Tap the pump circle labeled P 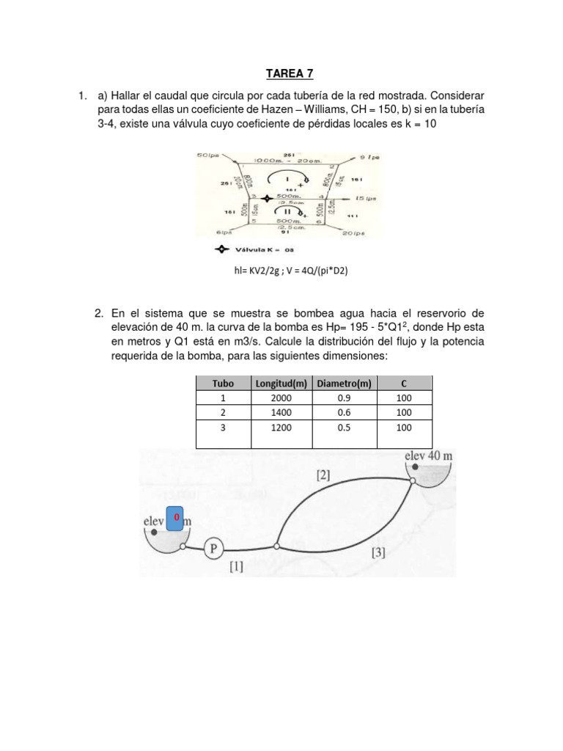point(213,548)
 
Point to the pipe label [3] point(378,552)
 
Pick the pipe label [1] point(237,566)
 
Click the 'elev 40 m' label point(429,455)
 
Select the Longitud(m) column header point(281,383)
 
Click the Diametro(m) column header point(343,383)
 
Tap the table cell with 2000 point(281,398)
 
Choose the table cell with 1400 point(281,412)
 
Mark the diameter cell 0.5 point(343,428)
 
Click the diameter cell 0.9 point(343,398)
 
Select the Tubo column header point(223,383)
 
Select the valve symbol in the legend point(220,249)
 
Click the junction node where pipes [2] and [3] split point(276,546)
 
